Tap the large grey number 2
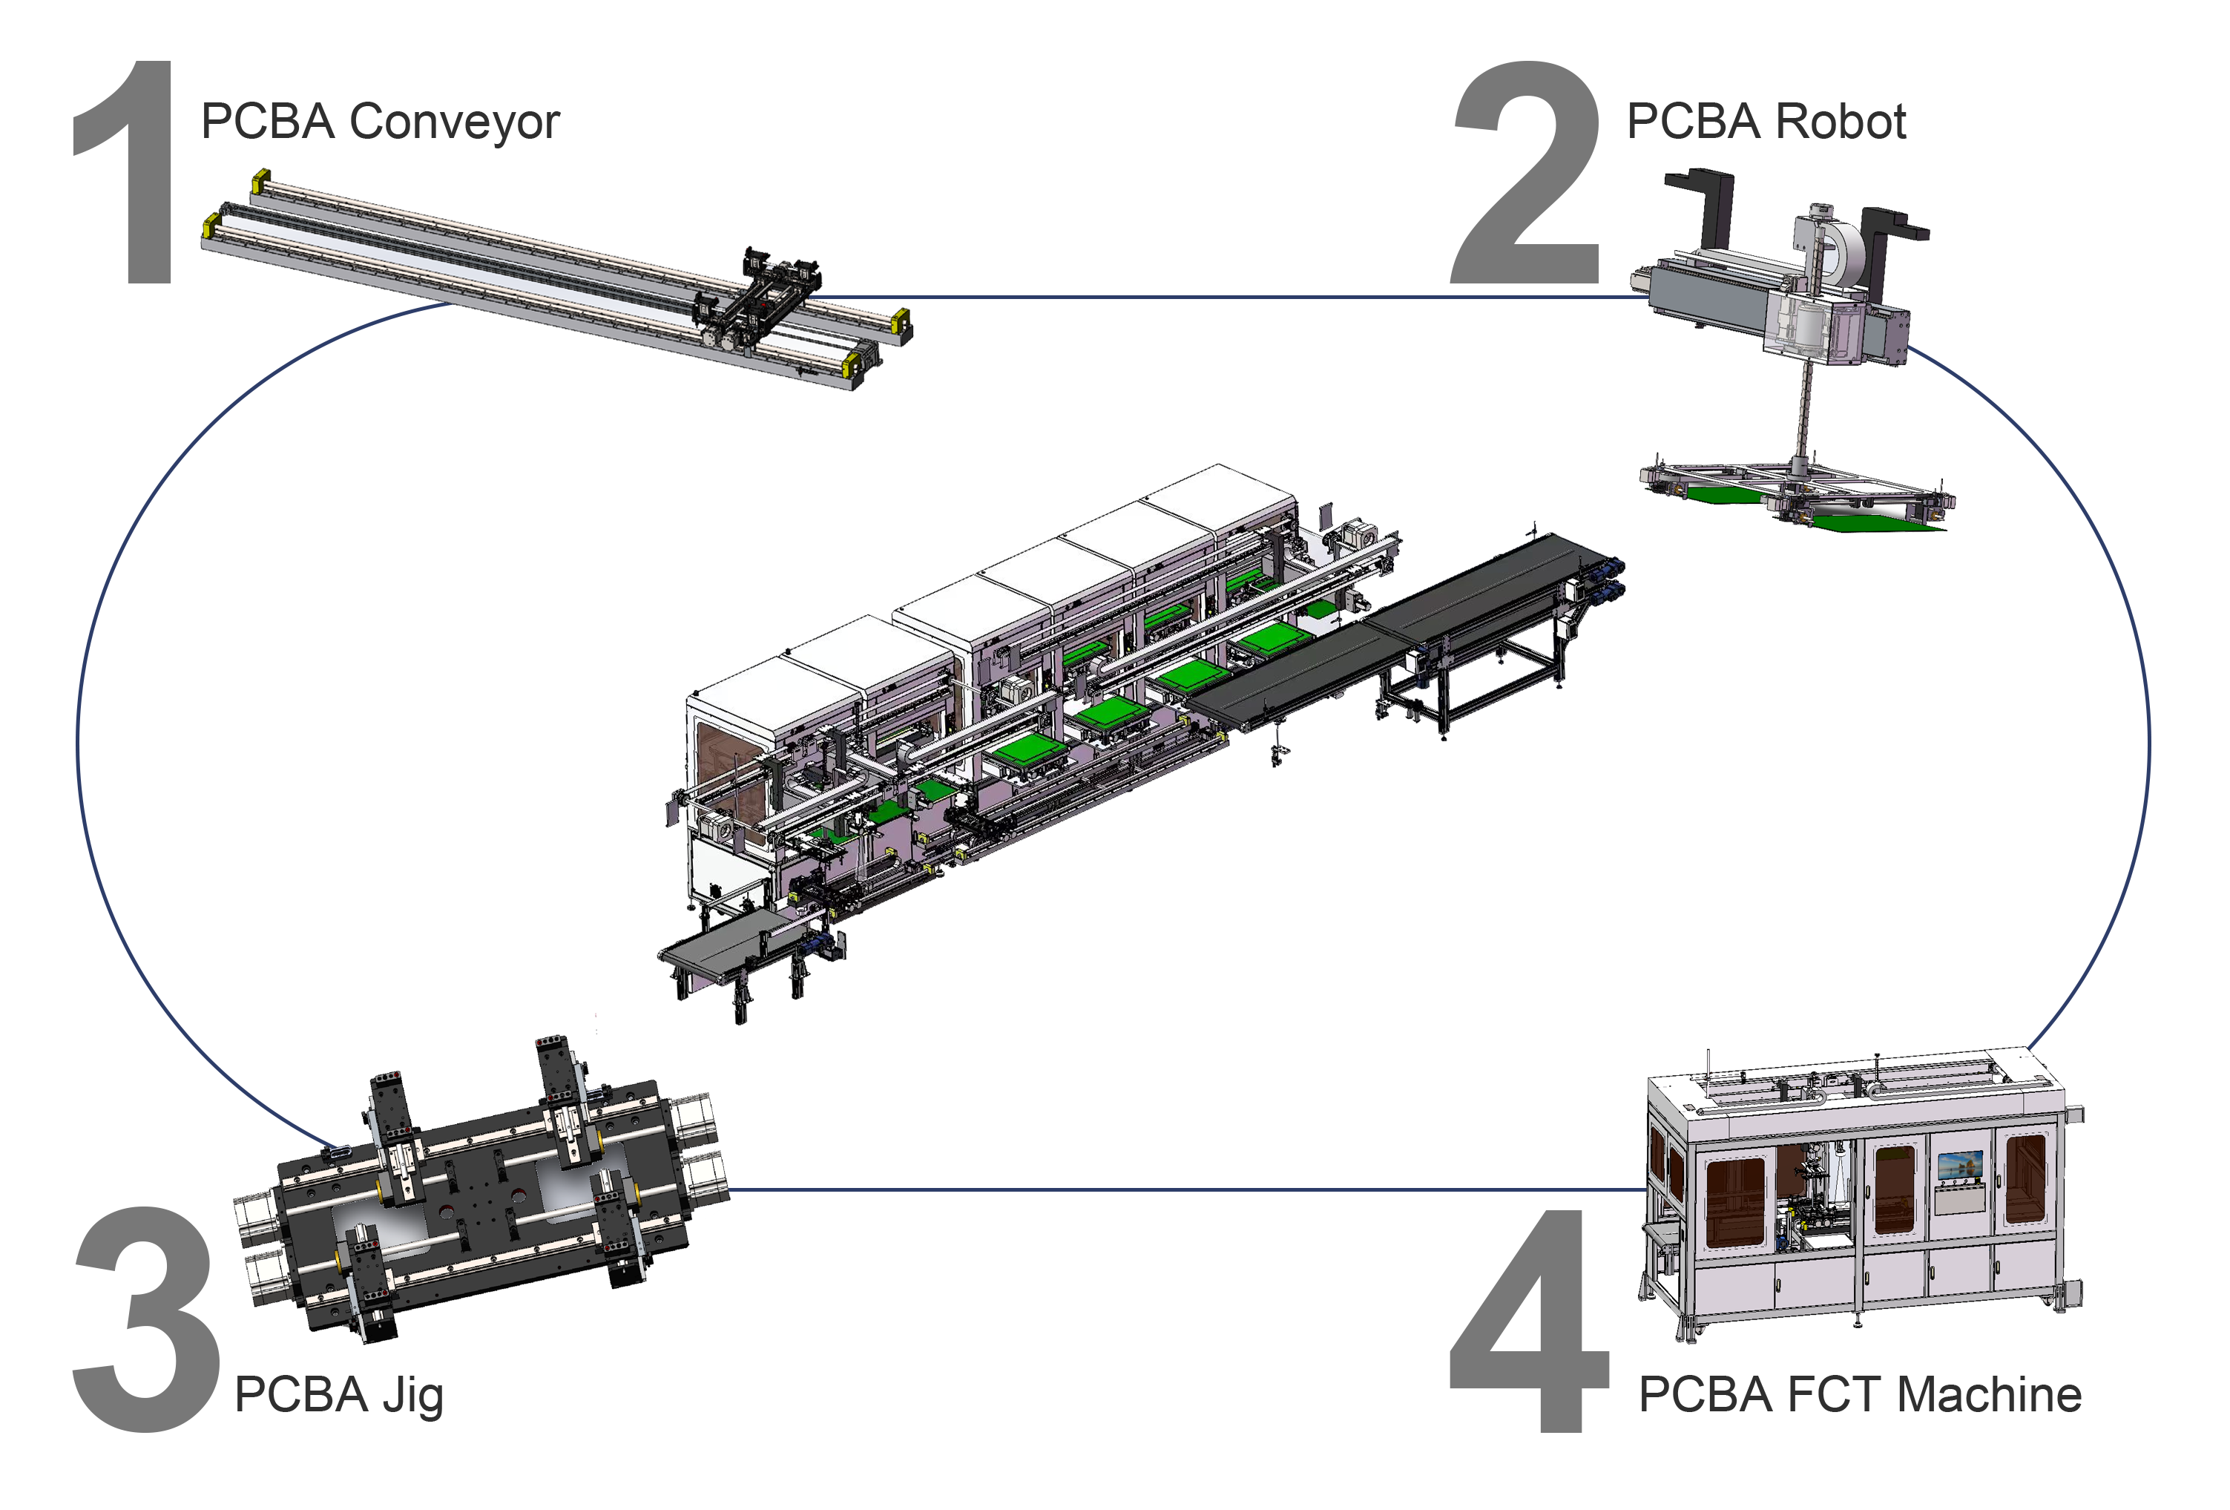[1526, 173]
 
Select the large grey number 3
[146, 1319]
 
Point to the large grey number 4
[1527, 1321]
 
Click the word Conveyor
[454, 123]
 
